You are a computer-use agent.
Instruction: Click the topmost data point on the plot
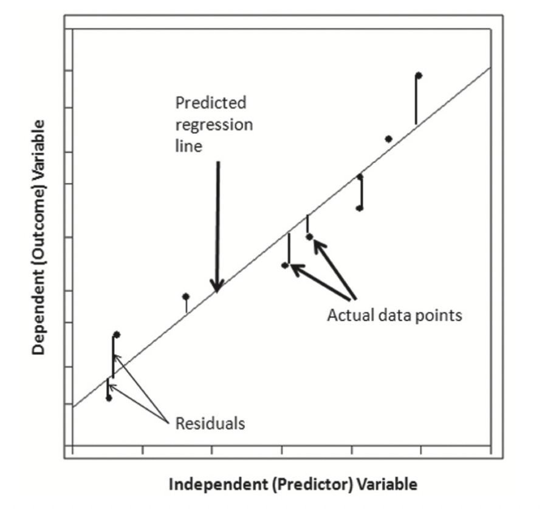[x=419, y=75]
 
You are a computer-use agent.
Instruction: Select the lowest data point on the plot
[x=109, y=398]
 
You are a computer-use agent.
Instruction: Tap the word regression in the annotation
[x=214, y=125]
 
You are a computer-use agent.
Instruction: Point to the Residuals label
[x=210, y=423]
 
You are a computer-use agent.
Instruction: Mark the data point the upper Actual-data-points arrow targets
[x=309, y=236]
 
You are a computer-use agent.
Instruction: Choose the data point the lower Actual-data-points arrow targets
[x=285, y=265]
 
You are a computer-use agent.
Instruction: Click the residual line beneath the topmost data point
[x=416, y=100]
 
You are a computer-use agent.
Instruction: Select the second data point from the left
[x=117, y=335]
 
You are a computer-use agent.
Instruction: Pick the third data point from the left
[x=186, y=296]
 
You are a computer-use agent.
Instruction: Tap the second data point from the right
[x=388, y=139]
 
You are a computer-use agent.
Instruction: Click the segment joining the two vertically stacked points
[x=361, y=193]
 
